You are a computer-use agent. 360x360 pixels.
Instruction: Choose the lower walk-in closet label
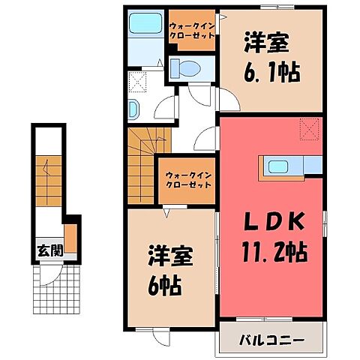point(183,180)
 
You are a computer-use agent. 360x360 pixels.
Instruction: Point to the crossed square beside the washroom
point(137,80)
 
